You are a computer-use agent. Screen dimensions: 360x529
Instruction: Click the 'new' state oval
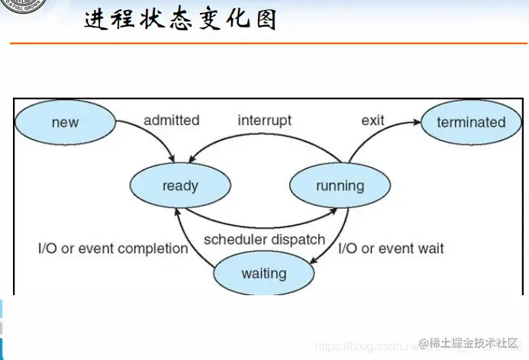[65, 122]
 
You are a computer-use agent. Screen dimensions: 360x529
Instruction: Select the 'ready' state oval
[180, 185]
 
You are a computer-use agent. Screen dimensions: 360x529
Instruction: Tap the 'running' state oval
[340, 185]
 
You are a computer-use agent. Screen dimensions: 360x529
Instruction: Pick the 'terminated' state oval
[471, 122]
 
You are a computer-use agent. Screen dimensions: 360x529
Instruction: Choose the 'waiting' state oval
[263, 273]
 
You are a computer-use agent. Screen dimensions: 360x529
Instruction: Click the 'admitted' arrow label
[171, 121]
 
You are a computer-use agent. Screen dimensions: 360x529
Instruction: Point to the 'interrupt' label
[264, 121]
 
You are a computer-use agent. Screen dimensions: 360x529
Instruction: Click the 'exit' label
[373, 121]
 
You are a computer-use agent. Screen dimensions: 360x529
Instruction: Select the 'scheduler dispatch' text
[264, 239]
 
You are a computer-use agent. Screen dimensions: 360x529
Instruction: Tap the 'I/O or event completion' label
[113, 249]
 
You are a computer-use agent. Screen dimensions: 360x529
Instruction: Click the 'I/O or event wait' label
[391, 249]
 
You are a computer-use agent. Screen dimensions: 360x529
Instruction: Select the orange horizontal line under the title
[267, 43]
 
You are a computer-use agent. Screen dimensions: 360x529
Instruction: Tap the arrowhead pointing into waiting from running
[315, 262]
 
